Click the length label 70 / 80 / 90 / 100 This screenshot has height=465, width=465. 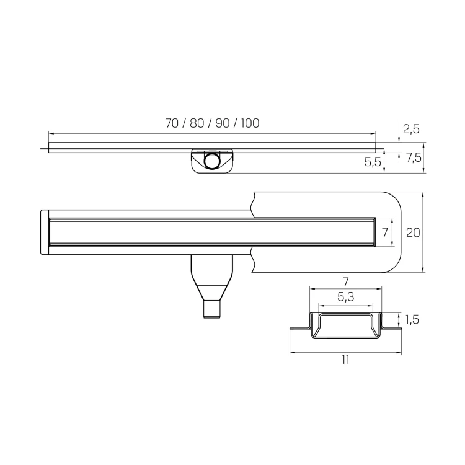tap(212, 123)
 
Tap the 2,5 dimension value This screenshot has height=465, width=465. tap(411, 129)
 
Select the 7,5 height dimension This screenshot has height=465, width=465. tap(414, 157)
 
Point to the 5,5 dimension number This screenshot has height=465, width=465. tap(373, 162)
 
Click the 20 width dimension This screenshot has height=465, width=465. tap(413, 232)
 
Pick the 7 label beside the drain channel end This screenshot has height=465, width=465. tap(385, 232)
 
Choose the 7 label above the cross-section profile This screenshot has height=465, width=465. tap(345, 282)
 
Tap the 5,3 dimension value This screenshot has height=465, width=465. tap(346, 297)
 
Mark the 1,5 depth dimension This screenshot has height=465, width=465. tap(412, 319)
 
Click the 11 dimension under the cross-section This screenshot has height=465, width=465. tap(345, 360)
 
